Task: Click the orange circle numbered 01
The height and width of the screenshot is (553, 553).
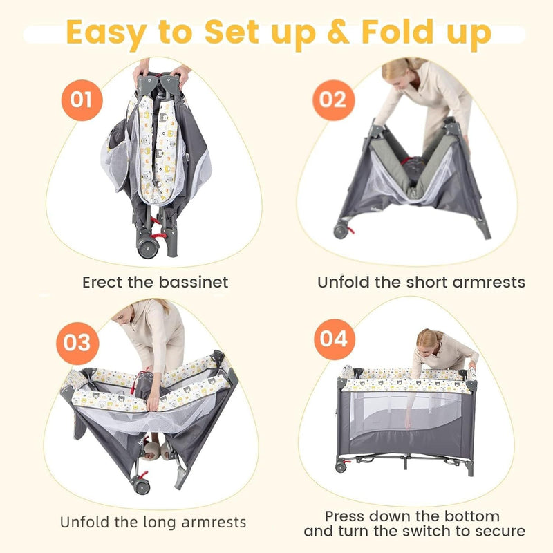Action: [x=82, y=100]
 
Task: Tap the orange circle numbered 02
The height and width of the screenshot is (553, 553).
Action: [x=333, y=100]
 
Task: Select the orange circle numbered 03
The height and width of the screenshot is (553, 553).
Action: [x=77, y=343]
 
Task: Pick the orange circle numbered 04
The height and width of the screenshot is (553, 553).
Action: [x=335, y=339]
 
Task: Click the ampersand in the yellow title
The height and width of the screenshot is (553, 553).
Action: [x=338, y=32]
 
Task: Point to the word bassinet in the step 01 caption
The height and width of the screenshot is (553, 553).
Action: [x=194, y=282]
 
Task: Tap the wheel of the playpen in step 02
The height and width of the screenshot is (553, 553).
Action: [x=341, y=232]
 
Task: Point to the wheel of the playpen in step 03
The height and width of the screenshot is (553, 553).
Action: [x=142, y=487]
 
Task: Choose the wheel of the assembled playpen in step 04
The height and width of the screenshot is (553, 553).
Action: [x=341, y=467]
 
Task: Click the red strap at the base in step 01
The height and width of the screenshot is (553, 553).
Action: [x=159, y=235]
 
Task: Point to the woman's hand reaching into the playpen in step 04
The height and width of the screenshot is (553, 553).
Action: [x=408, y=422]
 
